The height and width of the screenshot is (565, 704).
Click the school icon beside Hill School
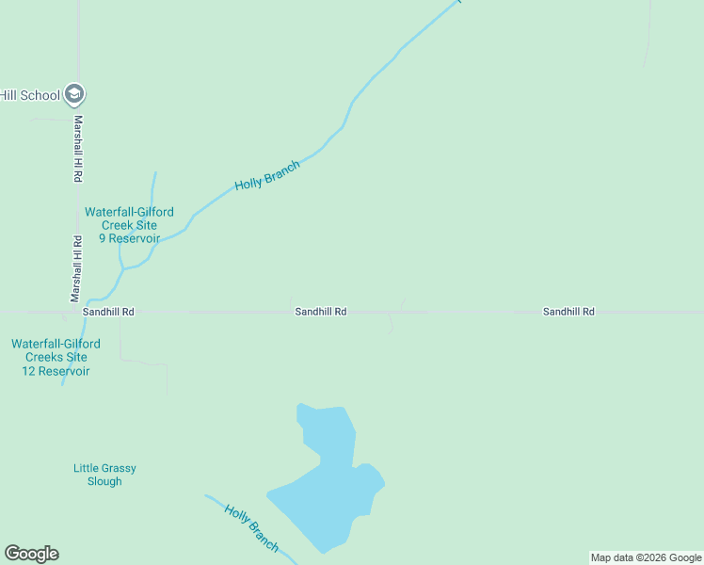coord(76,94)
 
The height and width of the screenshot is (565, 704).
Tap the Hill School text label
coord(30,95)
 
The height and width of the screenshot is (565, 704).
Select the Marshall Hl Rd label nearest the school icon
coord(79,149)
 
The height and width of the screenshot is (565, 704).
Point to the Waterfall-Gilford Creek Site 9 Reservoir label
coord(129,225)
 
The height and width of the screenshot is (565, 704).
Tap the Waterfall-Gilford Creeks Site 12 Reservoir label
coord(56,358)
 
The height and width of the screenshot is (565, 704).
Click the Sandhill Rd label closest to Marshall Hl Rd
coord(108,312)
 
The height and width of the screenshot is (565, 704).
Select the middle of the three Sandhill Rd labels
coord(321,312)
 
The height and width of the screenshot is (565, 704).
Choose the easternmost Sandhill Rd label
coord(568,312)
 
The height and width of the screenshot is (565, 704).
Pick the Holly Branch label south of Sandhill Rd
coord(251,527)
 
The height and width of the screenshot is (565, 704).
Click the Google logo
coord(32,554)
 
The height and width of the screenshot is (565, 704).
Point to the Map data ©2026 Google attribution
coord(646,557)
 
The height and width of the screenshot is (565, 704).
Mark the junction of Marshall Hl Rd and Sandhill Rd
coord(79,311)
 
